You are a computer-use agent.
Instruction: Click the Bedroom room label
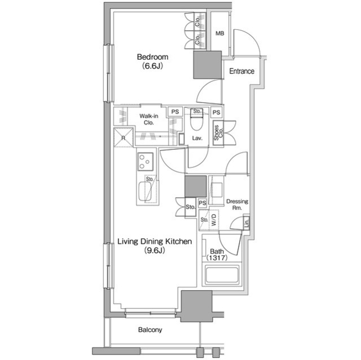[152, 57]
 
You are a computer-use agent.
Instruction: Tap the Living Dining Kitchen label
[155, 241]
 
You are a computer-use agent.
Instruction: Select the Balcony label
[150, 330]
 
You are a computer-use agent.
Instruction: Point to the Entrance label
[242, 71]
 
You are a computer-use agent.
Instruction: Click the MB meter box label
[219, 33]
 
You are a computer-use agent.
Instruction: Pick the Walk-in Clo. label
[149, 119]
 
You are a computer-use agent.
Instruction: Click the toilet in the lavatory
[196, 122]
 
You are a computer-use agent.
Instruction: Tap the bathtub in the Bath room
[222, 274]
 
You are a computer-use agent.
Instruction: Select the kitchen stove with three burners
[146, 162]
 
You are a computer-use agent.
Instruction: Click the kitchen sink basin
[145, 192]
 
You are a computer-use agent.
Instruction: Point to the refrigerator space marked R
[124, 137]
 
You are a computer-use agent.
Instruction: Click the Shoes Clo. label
[218, 133]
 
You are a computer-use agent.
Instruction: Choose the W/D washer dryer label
[214, 220]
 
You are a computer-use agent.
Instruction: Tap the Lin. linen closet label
[246, 223]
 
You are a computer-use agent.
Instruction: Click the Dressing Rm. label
[237, 205]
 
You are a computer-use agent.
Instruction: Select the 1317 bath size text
[217, 258]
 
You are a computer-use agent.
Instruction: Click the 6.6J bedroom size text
[152, 66]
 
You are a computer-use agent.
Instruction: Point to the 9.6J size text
[155, 250]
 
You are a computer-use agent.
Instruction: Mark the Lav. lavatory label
[197, 138]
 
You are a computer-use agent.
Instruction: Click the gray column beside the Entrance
[207, 65]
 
